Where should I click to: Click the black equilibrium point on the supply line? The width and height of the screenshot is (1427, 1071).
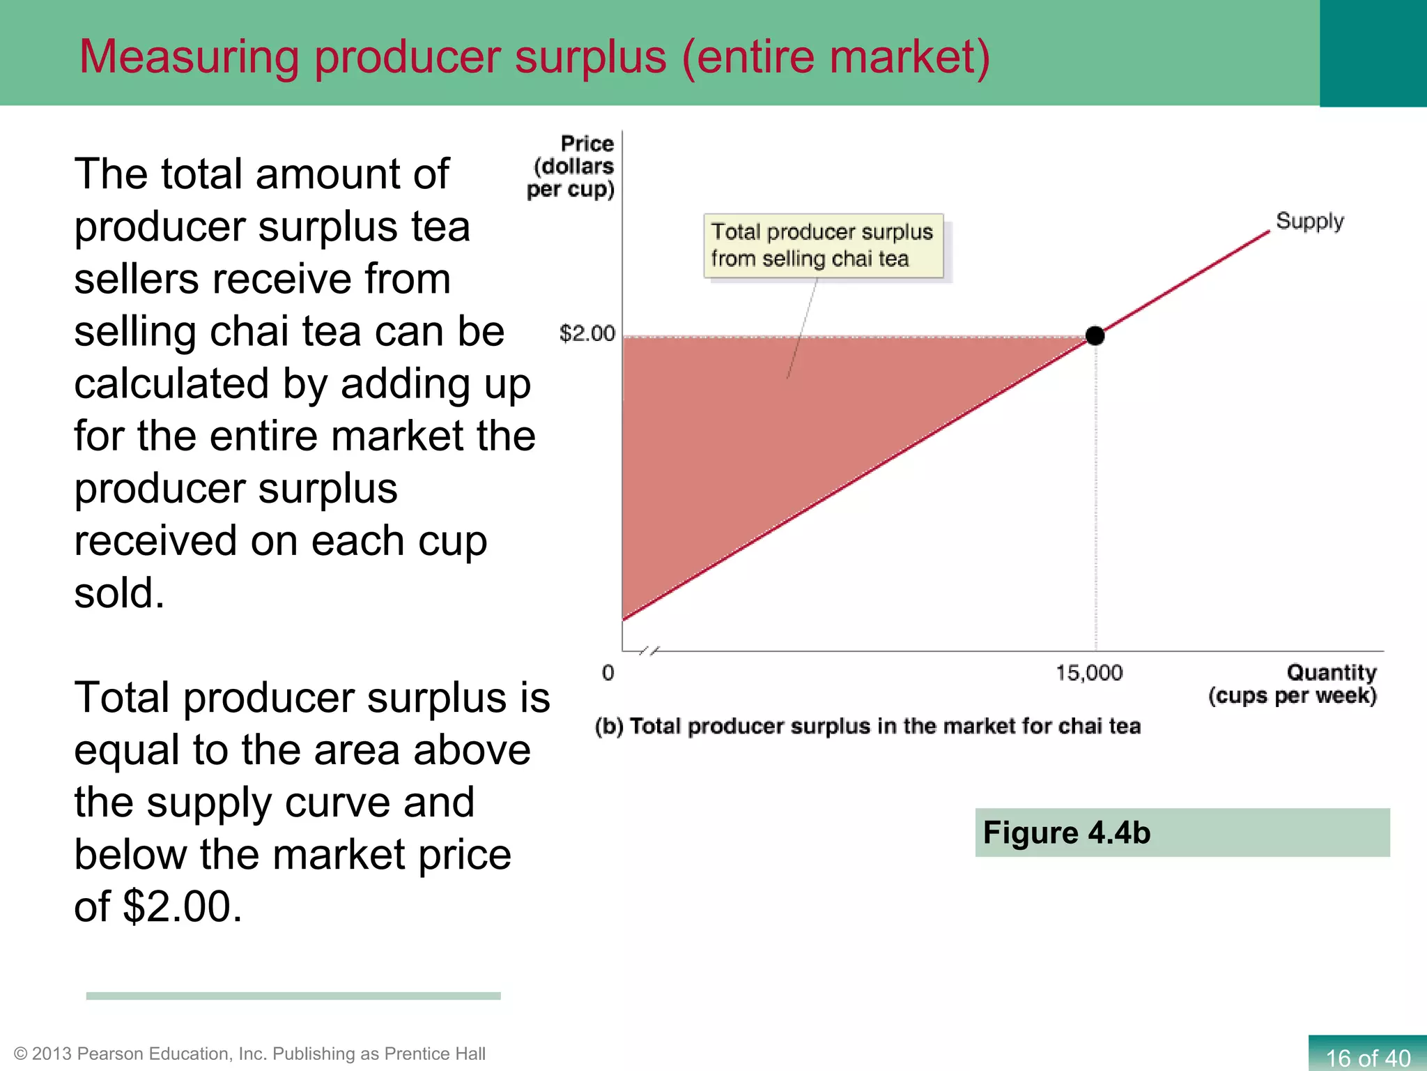[x=1095, y=336]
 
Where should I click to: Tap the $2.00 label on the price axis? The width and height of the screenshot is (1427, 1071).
[x=587, y=334]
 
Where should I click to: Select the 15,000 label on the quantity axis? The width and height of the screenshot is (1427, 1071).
[x=1088, y=673]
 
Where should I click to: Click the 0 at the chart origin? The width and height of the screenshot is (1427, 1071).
[x=608, y=673]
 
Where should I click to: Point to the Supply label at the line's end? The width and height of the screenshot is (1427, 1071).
[x=1309, y=221]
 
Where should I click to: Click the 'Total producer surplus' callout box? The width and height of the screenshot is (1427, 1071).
[x=823, y=245]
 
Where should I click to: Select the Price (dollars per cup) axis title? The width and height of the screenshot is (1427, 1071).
[x=571, y=167]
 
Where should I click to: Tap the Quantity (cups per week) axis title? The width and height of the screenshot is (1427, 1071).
[x=1293, y=684]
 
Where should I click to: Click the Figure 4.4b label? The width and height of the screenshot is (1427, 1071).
[x=1066, y=833]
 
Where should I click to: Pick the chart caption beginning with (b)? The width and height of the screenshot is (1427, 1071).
[x=867, y=727]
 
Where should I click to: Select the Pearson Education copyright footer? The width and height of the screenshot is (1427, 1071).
[x=249, y=1054]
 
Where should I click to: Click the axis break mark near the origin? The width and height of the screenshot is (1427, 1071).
[x=649, y=651]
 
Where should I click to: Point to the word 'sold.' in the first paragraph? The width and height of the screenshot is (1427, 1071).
[x=119, y=593]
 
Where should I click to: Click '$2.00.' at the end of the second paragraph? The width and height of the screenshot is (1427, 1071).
[x=183, y=906]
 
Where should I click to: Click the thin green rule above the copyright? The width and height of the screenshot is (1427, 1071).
[x=293, y=996]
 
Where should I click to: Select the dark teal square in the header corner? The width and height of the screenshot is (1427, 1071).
[x=1373, y=53]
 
